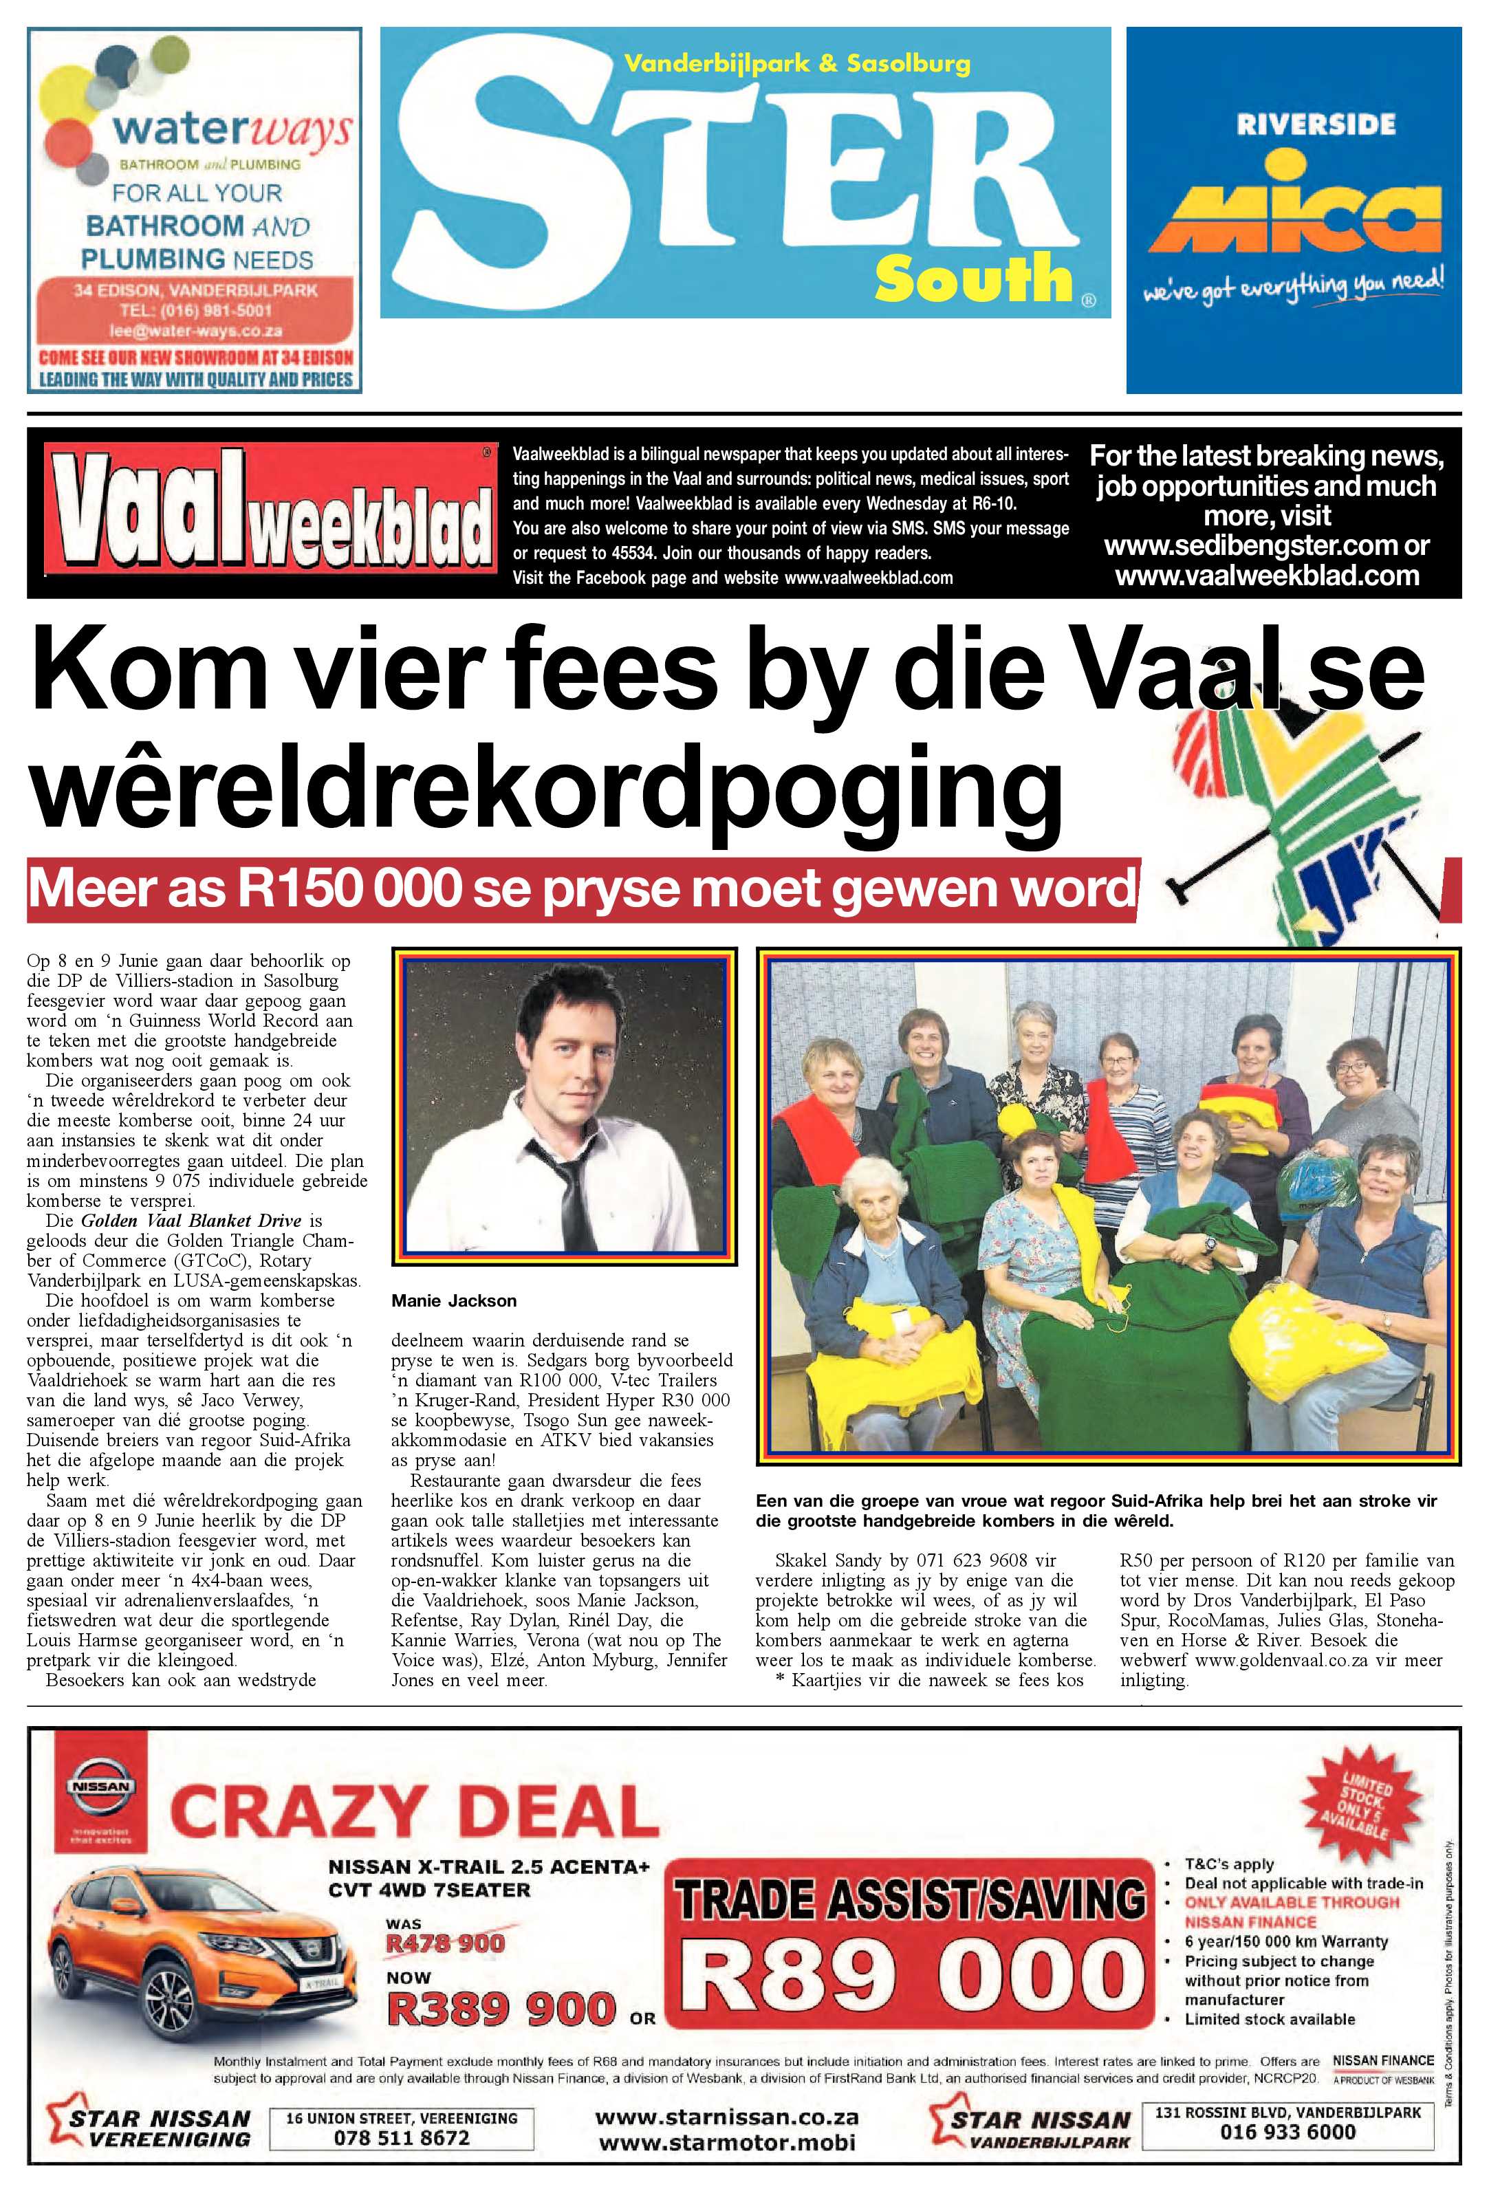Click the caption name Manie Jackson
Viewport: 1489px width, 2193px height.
click(x=454, y=1300)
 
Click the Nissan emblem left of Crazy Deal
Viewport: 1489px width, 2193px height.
click(x=98, y=1787)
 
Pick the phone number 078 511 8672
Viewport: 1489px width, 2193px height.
click(x=401, y=2137)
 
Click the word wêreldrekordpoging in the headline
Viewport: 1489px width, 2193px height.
click(x=547, y=786)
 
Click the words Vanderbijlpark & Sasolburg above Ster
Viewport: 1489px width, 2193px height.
click(x=796, y=64)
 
